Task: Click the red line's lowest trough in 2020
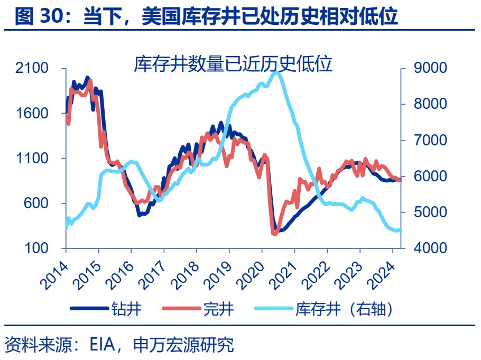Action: coord(274,233)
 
